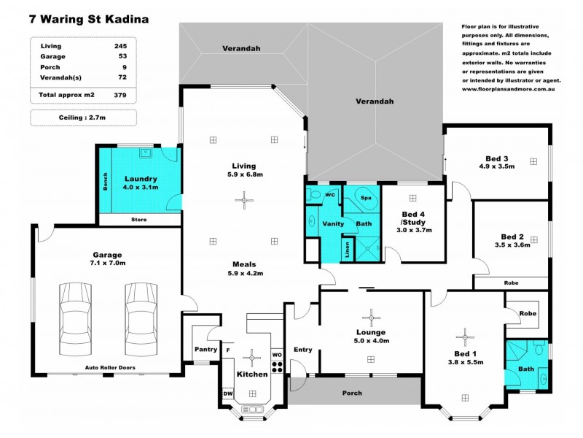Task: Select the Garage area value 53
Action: pyautogui.click(x=120, y=55)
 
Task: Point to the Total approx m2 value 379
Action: pyautogui.click(x=120, y=95)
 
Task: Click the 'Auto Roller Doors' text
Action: pyautogui.click(x=110, y=367)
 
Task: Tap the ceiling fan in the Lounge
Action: pyautogui.click(x=372, y=316)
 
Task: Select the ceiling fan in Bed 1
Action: pyautogui.click(x=463, y=337)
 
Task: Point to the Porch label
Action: pyautogui.click(x=352, y=393)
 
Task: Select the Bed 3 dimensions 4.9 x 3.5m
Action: pyautogui.click(x=496, y=166)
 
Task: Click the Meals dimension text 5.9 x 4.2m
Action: pyautogui.click(x=244, y=273)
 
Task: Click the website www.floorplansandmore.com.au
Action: pyautogui.click(x=509, y=90)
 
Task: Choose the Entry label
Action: pyautogui.click(x=302, y=350)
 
